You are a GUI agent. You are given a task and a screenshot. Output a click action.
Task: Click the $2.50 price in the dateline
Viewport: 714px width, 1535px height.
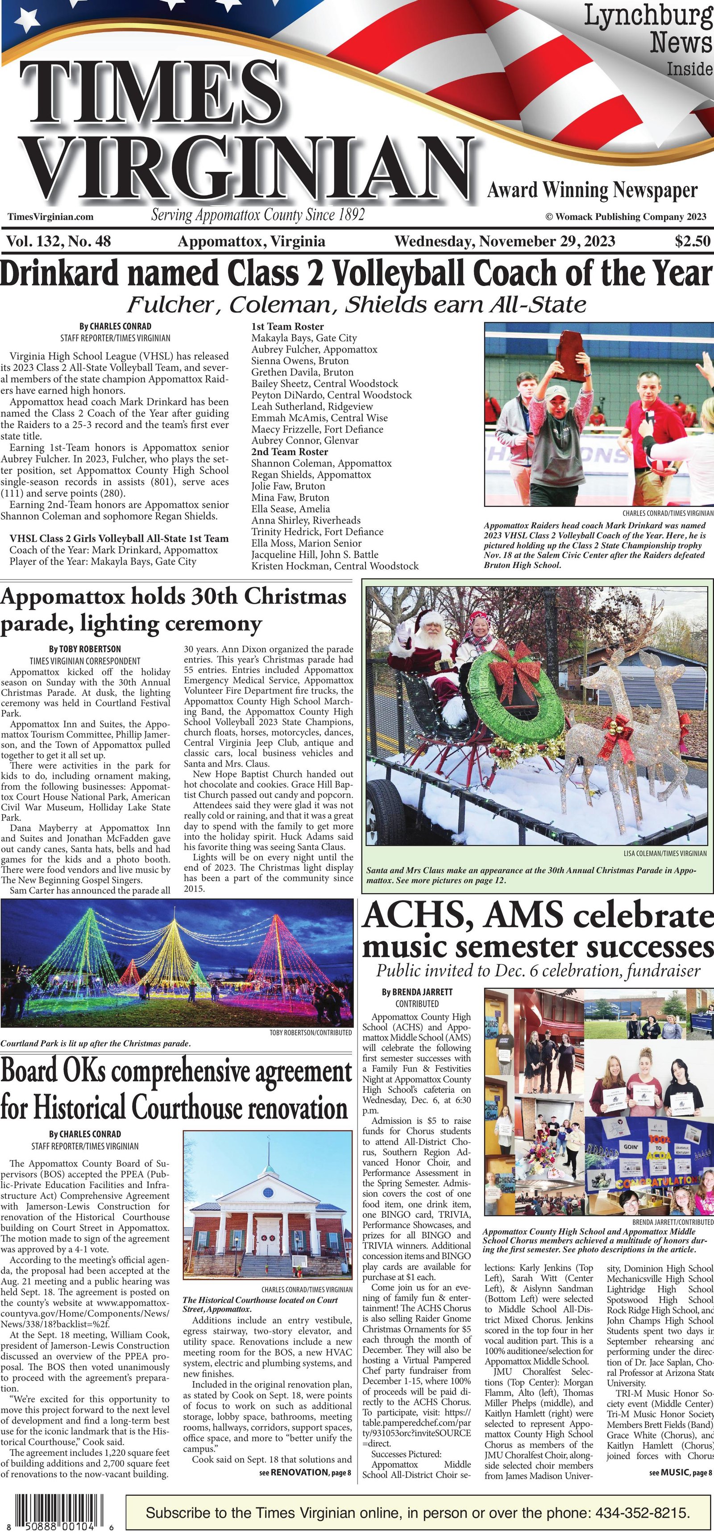[693, 241]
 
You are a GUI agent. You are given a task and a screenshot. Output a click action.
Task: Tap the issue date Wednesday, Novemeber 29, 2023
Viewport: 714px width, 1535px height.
[505, 241]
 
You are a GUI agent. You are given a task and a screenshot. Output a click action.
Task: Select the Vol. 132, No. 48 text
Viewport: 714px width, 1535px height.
[58, 241]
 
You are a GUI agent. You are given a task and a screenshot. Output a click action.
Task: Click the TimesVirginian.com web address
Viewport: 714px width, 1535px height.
[51, 217]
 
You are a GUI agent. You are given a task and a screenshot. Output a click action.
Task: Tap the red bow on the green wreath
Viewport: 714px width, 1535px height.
[509, 661]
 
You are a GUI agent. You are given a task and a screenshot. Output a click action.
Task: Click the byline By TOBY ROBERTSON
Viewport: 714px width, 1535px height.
[85, 649]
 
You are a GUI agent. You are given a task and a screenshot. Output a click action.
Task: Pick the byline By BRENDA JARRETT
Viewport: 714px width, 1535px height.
[417, 992]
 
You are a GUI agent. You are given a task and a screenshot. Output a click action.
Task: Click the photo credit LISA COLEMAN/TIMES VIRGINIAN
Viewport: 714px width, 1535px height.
[665, 853]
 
